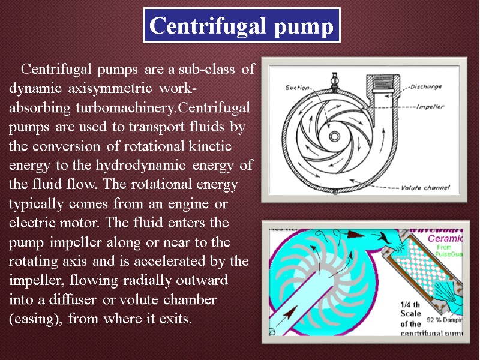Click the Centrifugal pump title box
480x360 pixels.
click(241, 25)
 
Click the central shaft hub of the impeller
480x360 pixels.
click(334, 136)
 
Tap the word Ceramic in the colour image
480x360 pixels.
click(447, 238)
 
